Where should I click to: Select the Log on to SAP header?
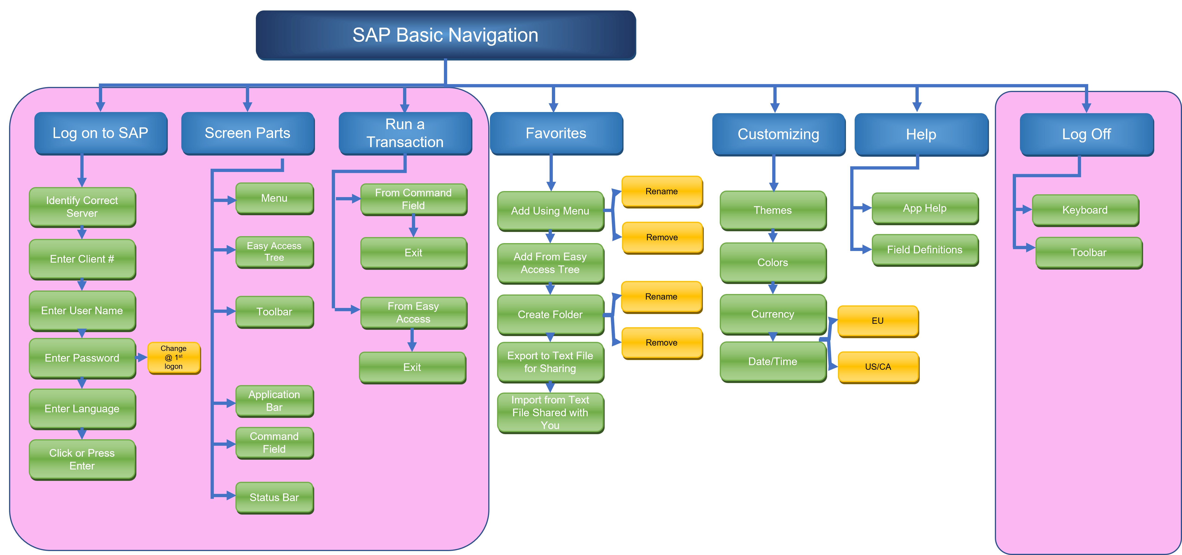[x=101, y=133]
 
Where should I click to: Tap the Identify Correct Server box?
[x=82, y=207]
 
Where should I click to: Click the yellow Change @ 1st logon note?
[x=173, y=357]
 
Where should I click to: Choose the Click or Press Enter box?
[x=82, y=459]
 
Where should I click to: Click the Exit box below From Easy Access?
[x=412, y=367]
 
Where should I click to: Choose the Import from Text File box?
[x=550, y=413]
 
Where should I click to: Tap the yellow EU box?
[x=877, y=321]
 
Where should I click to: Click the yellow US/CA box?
[x=878, y=367]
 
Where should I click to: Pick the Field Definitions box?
[x=925, y=249]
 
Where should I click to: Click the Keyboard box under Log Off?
[x=1085, y=210]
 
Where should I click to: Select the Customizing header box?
[x=778, y=134]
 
